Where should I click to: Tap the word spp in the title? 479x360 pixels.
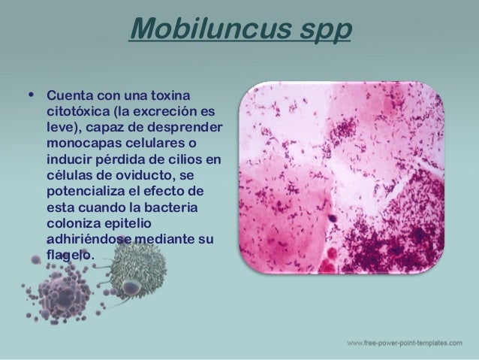(x=316, y=32)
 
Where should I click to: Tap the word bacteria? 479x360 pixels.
(x=177, y=207)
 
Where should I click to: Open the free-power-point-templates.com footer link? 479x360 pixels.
(x=405, y=343)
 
